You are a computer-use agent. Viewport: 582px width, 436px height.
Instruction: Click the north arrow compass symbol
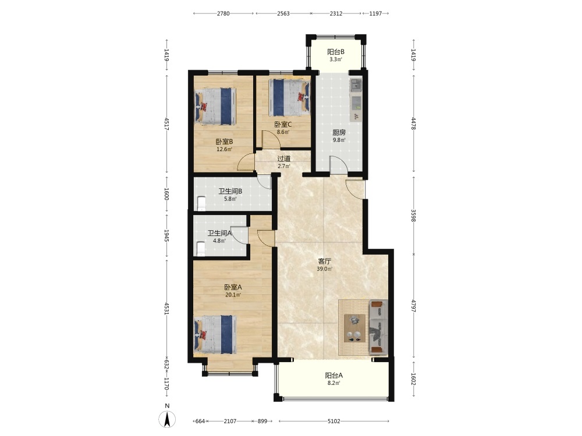[x=167, y=419]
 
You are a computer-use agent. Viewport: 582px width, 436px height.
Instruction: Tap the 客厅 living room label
[x=324, y=262]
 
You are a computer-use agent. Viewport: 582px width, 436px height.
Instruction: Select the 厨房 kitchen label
[x=339, y=133]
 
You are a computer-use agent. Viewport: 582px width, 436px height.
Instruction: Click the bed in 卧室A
[x=215, y=334]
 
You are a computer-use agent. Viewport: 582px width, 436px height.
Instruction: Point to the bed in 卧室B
[x=215, y=106]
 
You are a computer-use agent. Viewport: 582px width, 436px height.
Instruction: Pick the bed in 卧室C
[x=289, y=98]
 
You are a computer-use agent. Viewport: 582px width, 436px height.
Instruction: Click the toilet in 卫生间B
[x=201, y=203]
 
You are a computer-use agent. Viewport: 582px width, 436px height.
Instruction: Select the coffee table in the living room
[x=354, y=328]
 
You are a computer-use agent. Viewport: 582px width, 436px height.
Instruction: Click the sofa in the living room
[x=378, y=327]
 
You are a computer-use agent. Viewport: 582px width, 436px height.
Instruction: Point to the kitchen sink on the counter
[x=356, y=85]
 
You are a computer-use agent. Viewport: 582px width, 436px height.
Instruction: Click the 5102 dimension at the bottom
[x=333, y=421]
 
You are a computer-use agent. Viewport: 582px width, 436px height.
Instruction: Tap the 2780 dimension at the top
[x=223, y=13]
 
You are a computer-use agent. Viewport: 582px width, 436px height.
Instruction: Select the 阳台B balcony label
[x=336, y=52]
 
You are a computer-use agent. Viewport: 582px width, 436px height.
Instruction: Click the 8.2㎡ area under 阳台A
[x=333, y=383]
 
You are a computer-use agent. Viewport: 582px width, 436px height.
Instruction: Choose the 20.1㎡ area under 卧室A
[x=233, y=295]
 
